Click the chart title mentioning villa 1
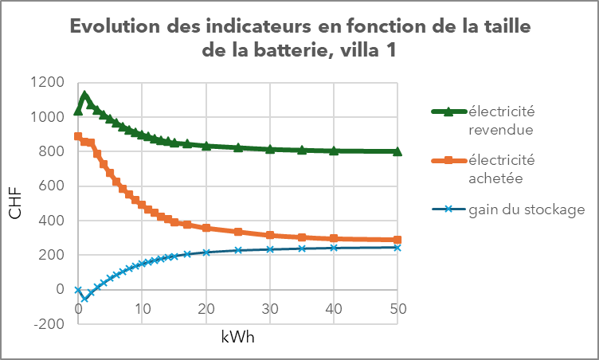299,38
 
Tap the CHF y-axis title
15,202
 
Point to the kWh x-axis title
238,337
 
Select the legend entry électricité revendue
501,119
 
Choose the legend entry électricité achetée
501,169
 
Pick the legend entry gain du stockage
527,209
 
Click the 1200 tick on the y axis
49,82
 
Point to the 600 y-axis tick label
53,186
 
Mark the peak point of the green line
84,96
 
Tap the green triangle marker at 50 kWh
397,151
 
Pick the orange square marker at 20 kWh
206,228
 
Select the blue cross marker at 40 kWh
334,248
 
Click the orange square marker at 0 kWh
78,136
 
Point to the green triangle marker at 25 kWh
238,147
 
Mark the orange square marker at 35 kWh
302,237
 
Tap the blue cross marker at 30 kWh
270,249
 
